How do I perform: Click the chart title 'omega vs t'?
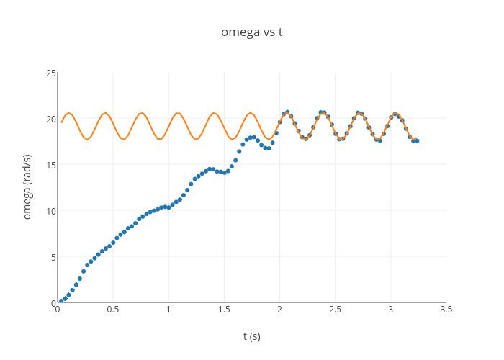251,32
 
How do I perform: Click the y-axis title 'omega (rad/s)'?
27,186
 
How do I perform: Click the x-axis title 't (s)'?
251,336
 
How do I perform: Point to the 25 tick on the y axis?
51,73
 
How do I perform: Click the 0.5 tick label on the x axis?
113,310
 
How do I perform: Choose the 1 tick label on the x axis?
168,310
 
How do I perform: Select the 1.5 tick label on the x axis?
224,310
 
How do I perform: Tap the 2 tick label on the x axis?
279,310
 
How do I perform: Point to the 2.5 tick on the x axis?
335,310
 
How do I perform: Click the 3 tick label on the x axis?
390,310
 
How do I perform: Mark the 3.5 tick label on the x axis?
446,310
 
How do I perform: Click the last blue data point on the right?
417,140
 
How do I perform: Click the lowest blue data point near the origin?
61,301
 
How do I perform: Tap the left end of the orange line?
61,122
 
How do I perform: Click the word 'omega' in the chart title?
238,32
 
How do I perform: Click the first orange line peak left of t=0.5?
68,112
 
